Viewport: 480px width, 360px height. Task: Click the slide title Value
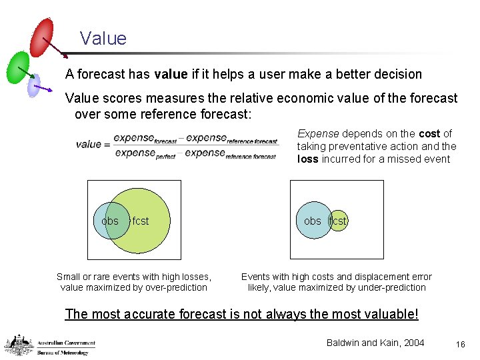tap(103, 38)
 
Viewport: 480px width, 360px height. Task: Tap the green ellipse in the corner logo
tap(18, 67)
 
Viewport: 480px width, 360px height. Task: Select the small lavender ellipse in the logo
tap(33, 85)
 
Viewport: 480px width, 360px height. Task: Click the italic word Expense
tap(318, 134)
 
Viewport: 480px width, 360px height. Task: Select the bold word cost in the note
tap(429, 134)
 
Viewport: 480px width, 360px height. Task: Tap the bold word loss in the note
tap(309, 159)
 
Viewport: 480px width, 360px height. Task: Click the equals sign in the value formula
tap(107, 144)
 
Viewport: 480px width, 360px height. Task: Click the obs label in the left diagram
tap(110, 221)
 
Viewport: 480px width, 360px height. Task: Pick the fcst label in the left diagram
tap(141, 221)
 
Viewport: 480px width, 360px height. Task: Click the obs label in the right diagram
tap(312, 221)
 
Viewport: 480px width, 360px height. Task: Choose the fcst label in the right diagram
tap(338, 221)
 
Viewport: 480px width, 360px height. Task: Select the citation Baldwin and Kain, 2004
tap(375, 343)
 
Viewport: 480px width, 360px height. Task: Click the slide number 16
tap(459, 343)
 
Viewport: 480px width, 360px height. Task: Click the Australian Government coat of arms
tap(19, 345)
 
